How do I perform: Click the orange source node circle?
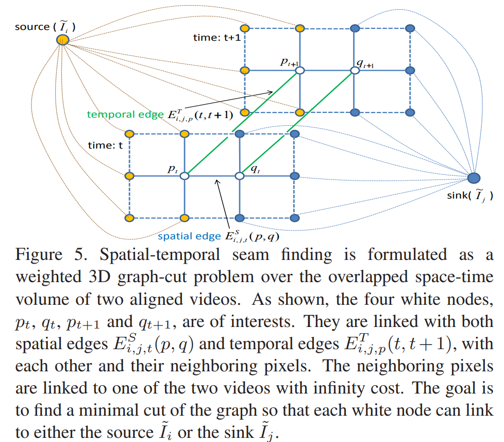[x=63, y=40]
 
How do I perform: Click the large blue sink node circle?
[x=474, y=178]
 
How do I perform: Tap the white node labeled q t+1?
[x=355, y=70]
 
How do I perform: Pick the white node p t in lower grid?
[x=184, y=176]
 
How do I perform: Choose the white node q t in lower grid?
[x=239, y=176]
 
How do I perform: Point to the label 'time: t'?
[x=105, y=145]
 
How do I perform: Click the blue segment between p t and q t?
[x=212, y=176]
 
